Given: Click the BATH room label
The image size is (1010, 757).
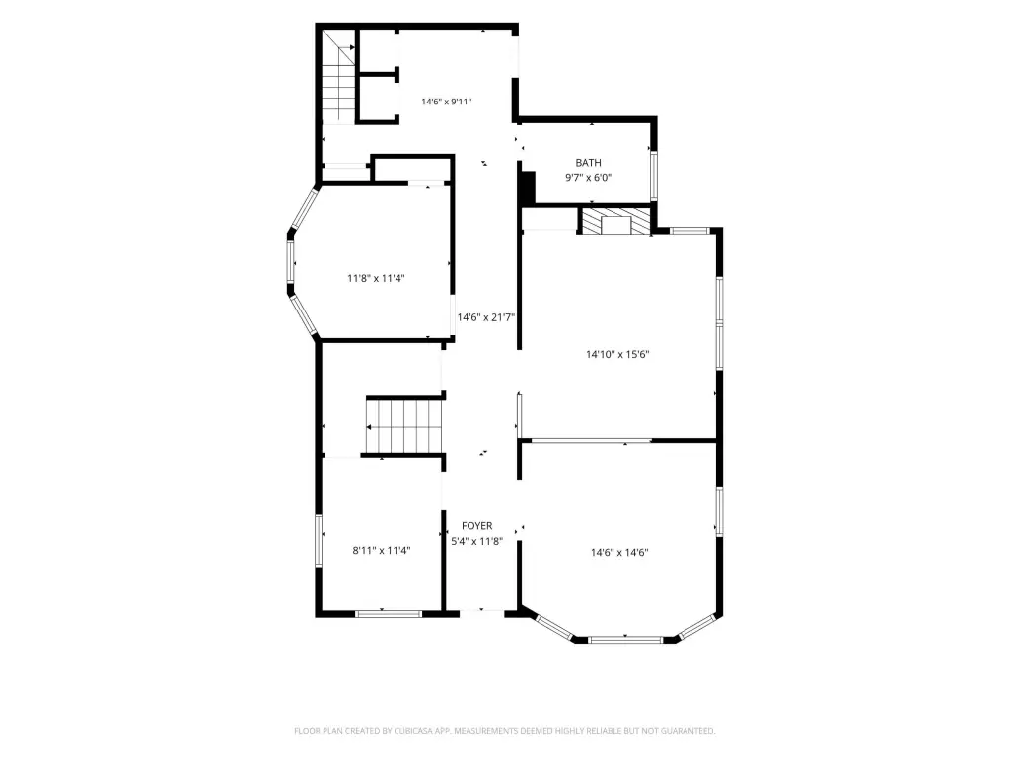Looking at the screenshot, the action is (x=588, y=163).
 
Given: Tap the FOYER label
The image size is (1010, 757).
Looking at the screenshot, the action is (x=476, y=526).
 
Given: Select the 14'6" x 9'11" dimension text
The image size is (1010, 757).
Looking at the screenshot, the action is (x=447, y=102).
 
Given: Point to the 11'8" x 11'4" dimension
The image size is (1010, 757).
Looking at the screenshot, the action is (x=376, y=279).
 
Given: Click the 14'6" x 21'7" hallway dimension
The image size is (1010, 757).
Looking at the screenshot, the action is (x=485, y=317).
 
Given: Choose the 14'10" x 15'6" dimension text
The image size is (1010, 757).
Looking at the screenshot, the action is (x=617, y=354).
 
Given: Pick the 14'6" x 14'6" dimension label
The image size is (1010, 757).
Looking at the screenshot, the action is (x=619, y=552).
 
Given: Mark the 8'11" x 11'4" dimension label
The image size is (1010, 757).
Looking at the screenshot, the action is (x=382, y=550).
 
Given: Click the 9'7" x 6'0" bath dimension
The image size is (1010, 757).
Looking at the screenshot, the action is (x=588, y=178).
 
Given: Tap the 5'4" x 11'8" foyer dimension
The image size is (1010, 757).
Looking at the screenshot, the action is (x=476, y=542).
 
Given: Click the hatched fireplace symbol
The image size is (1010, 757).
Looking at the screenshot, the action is (x=616, y=221).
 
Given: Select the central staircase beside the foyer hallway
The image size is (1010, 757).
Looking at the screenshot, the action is (x=404, y=426).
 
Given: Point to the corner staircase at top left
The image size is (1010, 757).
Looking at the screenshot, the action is (x=339, y=76).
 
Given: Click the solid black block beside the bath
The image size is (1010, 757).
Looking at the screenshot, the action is (x=528, y=187).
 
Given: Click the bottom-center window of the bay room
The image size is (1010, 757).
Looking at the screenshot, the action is (x=625, y=639).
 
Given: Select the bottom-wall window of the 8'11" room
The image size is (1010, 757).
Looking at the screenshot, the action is (x=389, y=614).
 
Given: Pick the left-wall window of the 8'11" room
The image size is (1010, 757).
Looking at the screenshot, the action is (x=319, y=541).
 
